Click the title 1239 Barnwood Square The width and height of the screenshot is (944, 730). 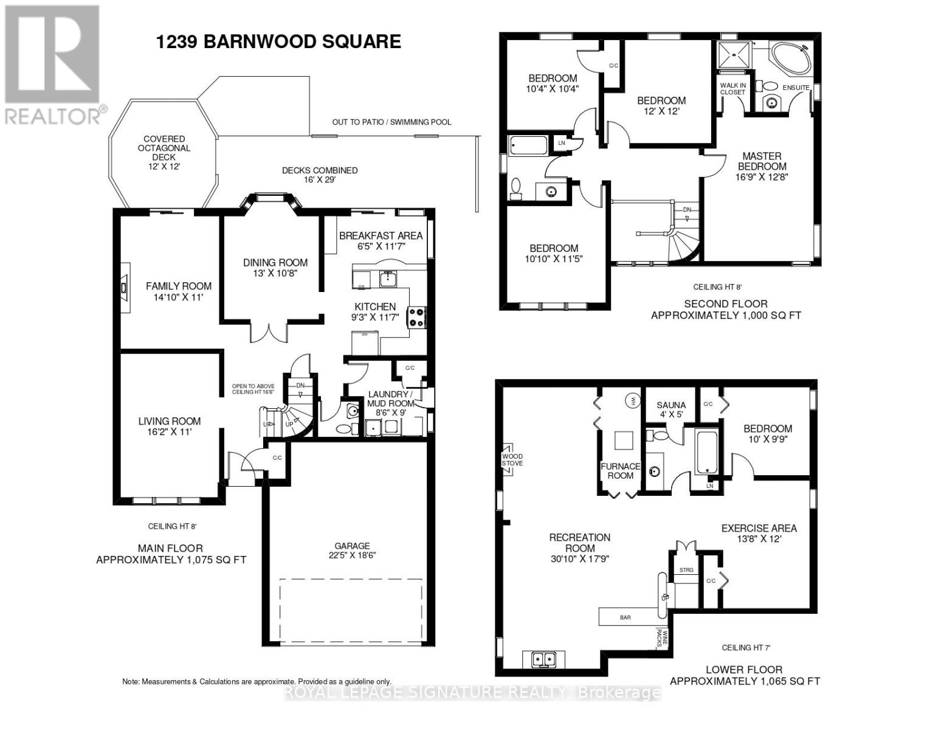pos(278,41)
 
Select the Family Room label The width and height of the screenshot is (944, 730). pos(179,286)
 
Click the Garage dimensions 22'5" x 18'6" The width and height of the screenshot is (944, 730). pos(352,555)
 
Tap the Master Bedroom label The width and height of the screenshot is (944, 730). pos(762,161)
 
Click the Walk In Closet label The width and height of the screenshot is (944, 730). pos(732,89)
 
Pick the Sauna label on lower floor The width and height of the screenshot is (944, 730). pos(671,405)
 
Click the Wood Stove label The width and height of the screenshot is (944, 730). pos(511,460)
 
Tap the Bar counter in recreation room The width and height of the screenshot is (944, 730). pos(630,617)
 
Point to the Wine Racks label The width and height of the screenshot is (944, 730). pos(661,639)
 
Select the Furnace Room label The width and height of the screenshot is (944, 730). pos(620,471)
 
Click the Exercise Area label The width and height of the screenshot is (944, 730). pos(759,528)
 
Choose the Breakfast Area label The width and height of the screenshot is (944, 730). pos(381,235)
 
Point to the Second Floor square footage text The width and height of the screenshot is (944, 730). pos(726,315)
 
